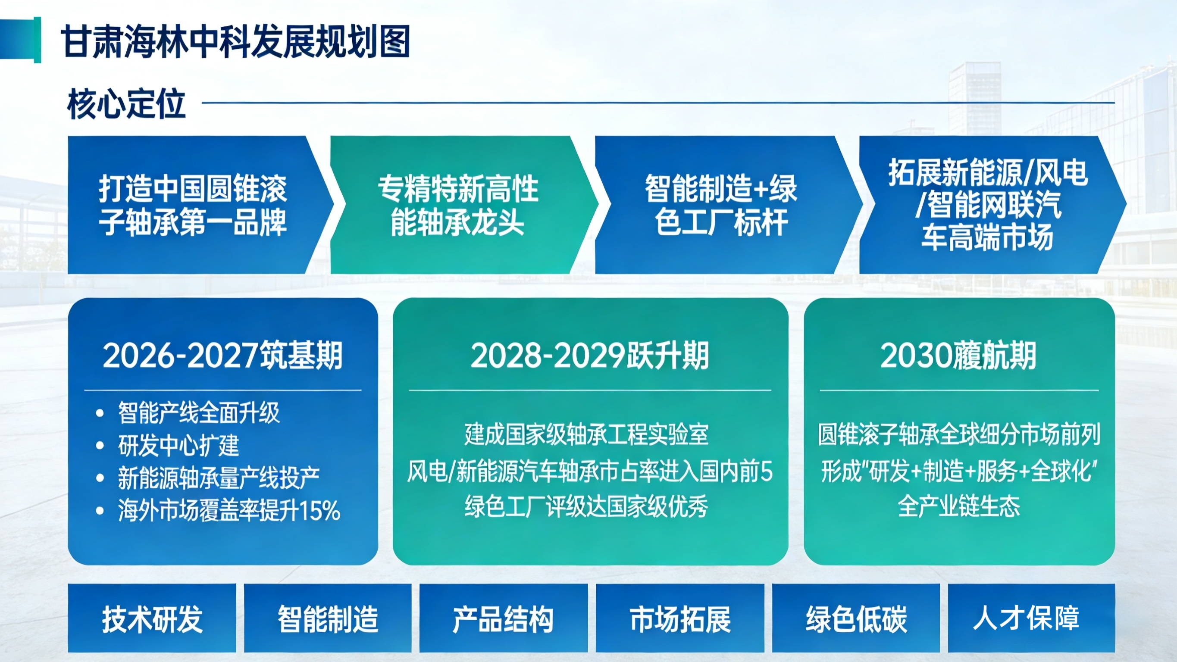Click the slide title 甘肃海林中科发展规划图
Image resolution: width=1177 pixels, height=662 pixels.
point(235,42)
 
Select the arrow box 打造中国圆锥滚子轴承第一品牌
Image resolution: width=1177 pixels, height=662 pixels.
point(200,205)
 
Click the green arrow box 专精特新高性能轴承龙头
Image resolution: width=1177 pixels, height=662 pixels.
point(464,205)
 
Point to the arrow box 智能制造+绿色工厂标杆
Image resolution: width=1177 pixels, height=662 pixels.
point(728,205)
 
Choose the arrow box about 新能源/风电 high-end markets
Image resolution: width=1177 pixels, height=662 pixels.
point(992,205)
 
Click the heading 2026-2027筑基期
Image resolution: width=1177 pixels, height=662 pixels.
point(222,356)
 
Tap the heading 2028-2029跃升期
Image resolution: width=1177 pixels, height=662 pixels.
point(590,356)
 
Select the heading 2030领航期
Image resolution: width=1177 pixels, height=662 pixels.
point(958,356)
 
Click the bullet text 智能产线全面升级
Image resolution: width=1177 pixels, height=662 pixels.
point(199,412)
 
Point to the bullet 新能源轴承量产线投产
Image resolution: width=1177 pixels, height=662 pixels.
point(219,478)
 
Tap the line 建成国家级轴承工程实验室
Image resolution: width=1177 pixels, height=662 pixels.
point(587,434)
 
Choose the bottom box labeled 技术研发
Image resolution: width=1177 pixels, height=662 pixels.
point(152,618)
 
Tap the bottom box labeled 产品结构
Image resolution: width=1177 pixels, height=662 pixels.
point(504,618)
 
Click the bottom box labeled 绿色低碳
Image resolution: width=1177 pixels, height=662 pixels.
point(856,618)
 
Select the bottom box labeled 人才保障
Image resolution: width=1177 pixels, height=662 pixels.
point(1032,618)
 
